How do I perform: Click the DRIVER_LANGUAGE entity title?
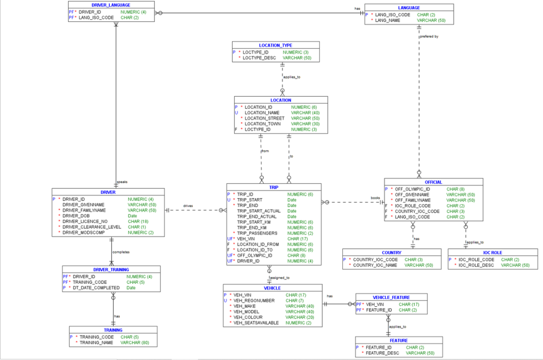[x=111, y=5]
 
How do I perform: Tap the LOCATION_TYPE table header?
[x=275, y=45]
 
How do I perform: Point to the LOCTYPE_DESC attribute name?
[x=259, y=58]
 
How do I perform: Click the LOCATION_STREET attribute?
[x=264, y=118]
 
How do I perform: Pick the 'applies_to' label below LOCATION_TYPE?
[x=292, y=77]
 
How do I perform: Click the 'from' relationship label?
[x=265, y=150]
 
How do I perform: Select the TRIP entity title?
[x=274, y=187]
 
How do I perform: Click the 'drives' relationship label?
[x=188, y=206]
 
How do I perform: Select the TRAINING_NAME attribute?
[x=97, y=342]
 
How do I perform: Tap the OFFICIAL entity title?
[x=433, y=182]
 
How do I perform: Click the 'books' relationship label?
[x=375, y=198]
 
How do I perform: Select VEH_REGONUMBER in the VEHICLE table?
[x=254, y=300]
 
